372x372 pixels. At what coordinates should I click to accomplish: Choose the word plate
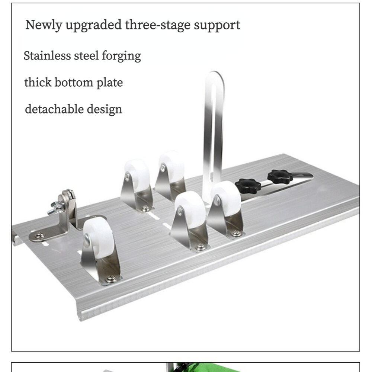click(110, 83)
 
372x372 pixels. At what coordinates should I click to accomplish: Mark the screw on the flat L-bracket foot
click(39, 235)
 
